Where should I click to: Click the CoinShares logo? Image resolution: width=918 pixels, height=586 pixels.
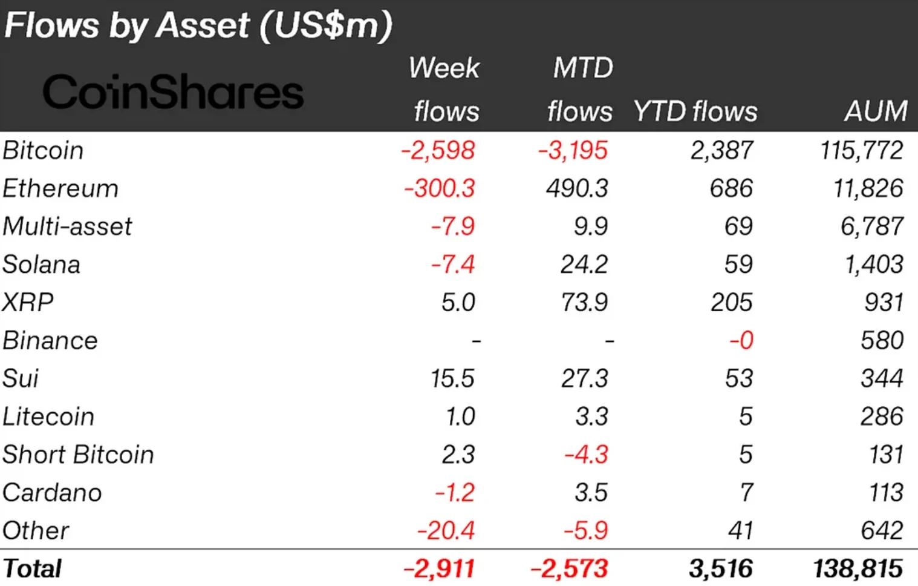tap(173, 93)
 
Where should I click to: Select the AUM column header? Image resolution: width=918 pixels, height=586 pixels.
tap(876, 111)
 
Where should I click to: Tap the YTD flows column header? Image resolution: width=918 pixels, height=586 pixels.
tap(695, 111)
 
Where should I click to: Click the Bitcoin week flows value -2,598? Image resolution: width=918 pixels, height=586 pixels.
tap(438, 150)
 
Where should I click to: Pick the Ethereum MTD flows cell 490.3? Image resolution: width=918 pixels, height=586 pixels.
tap(577, 188)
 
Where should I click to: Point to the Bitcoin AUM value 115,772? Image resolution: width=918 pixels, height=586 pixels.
tap(861, 150)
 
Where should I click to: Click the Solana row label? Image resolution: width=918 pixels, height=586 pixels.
tap(41, 265)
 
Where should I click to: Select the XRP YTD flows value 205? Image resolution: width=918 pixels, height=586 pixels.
tap(731, 302)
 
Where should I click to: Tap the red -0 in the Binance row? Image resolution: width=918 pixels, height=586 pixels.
tap(741, 340)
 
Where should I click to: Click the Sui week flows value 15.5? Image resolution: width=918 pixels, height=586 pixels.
tap(452, 378)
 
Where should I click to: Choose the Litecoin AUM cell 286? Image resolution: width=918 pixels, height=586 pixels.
tap(882, 416)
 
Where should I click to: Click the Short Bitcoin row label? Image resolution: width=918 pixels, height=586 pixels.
tap(78, 455)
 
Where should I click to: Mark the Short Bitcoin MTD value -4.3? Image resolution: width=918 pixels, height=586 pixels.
tap(585, 455)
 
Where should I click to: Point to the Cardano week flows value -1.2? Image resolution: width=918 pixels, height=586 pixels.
tap(454, 493)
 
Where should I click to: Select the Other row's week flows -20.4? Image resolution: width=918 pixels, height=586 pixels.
tap(446, 531)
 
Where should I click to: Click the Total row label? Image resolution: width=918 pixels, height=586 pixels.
tap(32, 569)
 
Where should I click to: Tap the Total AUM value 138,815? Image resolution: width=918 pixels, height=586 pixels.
tap(858, 569)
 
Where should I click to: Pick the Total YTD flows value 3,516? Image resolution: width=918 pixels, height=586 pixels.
tap(720, 569)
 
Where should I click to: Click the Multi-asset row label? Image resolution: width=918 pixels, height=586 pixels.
tap(67, 226)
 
